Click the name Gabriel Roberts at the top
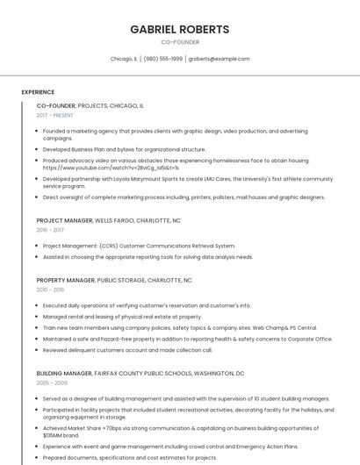click(x=179, y=29)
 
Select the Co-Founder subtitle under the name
click(x=179, y=41)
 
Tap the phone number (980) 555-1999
click(x=163, y=59)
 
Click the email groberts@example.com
click(x=219, y=59)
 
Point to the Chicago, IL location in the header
click(x=124, y=59)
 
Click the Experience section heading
click(x=38, y=91)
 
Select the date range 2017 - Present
click(x=55, y=115)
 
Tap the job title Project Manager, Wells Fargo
click(x=108, y=221)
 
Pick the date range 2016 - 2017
click(x=50, y=230)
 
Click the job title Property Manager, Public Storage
click(x=113, y=280)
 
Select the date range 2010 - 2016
click(x=50, y=289)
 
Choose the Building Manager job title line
click(x=140, y=373)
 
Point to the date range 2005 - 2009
click(x=51, y=383)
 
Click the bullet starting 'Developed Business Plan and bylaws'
click(x=124, y=149)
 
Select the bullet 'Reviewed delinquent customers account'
click(x=127, y=349)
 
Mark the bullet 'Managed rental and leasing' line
click(x=122, y=316)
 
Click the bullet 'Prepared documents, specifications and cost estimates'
click(x=130, y=457)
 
